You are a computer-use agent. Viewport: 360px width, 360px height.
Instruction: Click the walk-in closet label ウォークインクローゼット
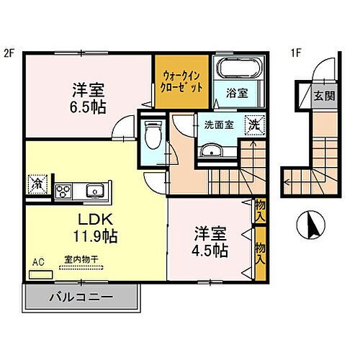click(181, 80)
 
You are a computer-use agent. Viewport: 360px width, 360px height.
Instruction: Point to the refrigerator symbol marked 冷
click(35, 184)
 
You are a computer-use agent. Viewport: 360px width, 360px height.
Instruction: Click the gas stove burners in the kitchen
click(63, 191)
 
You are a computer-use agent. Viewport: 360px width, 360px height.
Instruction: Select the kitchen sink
click(94, 191)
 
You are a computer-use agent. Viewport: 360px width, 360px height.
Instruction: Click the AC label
click(37, 264)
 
